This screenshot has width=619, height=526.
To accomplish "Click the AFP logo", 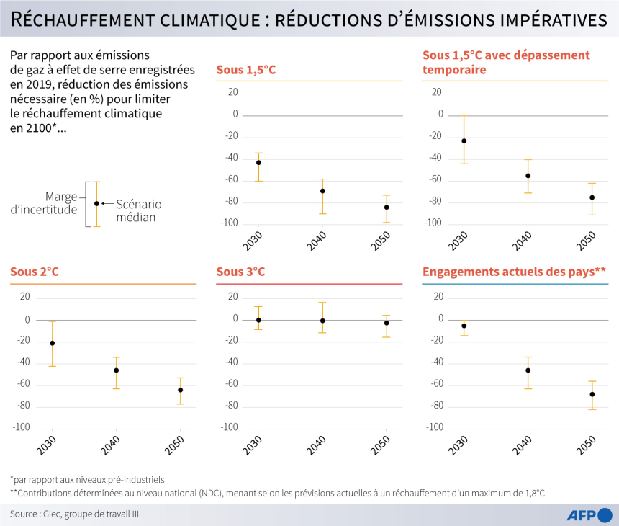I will tap(582, 514).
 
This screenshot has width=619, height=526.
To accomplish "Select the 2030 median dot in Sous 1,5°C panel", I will tap(258, 163).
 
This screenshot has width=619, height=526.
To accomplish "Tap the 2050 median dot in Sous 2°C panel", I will tap(180, 390).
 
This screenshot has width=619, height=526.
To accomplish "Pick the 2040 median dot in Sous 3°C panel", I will tap(322, 321).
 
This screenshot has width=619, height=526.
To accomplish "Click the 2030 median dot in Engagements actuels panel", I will tap(464, 326).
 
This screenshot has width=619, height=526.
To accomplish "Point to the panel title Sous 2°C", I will tap(35, 272).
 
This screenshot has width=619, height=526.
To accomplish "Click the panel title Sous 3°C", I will tap(240, 272).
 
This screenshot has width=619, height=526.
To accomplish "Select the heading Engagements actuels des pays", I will tap(514, 272).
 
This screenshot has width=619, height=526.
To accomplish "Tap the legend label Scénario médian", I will tap(139, 210).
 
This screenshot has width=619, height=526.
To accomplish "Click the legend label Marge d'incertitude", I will tap(51, 202).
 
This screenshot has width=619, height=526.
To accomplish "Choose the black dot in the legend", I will tap(96, 203).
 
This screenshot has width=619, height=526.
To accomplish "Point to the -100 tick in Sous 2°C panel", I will tap(22, 427).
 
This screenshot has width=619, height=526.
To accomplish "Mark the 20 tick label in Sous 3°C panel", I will tap(232, 296).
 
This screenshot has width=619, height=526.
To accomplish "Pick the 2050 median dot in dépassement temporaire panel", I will tap(592, 197).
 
